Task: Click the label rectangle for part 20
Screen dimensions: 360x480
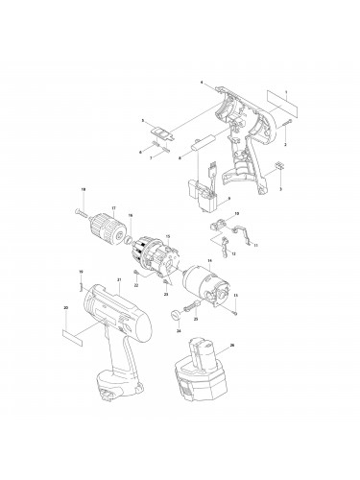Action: (73, 337)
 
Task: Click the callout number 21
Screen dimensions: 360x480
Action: (117, 279)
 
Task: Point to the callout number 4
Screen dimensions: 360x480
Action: (202, 84)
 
